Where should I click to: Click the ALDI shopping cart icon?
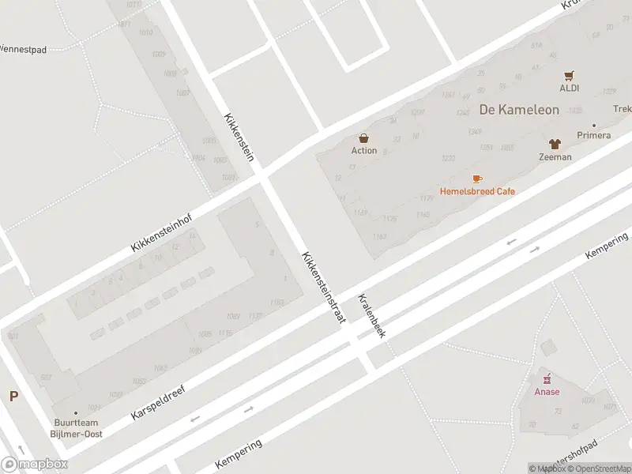pos(570,76)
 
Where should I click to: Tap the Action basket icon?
pos(364,137)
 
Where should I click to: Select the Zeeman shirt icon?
pos(555,144)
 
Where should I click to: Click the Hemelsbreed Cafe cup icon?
pos(477,179)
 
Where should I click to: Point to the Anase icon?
pos(547,379)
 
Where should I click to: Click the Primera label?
pos(593,135)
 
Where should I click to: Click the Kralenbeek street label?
pos(371,316)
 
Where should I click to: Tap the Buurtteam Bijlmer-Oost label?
pos(77,428)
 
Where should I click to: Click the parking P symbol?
pos(13,397)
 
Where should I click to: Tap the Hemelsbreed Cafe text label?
pos(477,191)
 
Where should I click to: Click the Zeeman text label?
pos(555,156)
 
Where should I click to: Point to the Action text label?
pos(364,150)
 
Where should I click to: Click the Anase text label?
pos(547,392)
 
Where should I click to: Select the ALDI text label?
pos(570,88)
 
